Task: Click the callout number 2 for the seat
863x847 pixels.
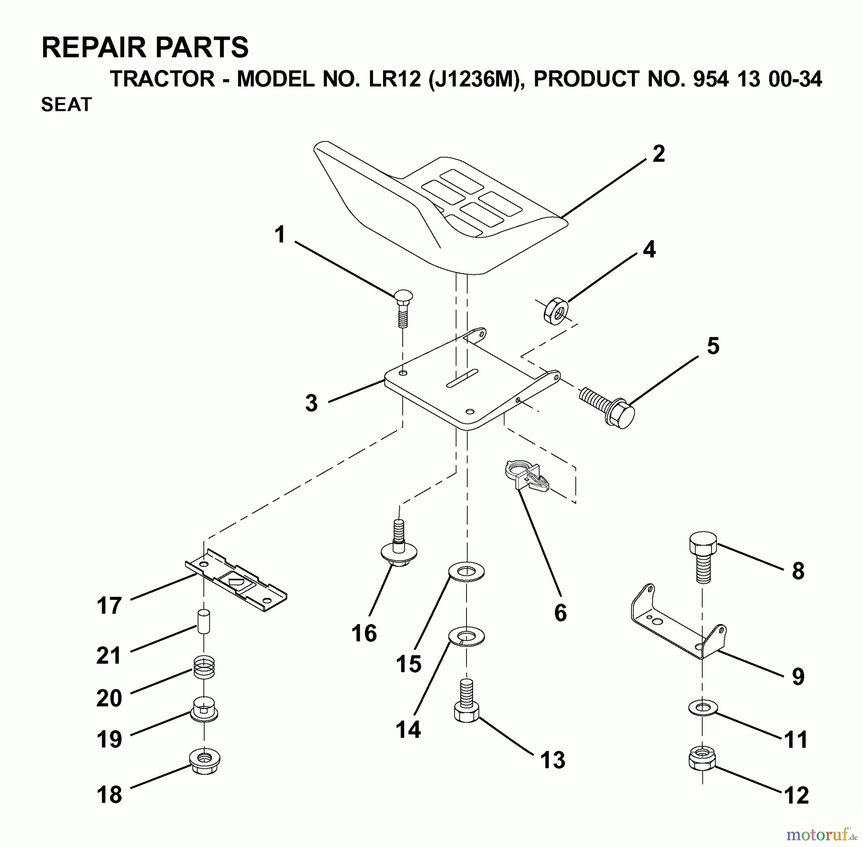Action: pos(658,154)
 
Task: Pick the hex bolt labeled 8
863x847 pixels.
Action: pos(703,557)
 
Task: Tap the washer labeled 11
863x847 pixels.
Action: pos(703,708)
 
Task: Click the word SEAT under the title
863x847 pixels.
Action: pos(66,104)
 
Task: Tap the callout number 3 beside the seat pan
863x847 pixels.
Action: pos(312,403)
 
